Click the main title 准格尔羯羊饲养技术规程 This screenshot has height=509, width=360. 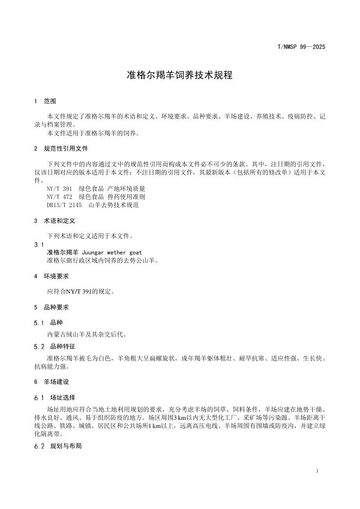tap(179, 76)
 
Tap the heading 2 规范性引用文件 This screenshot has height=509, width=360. tap(61, 148)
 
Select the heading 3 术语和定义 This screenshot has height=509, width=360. tap(54, 221)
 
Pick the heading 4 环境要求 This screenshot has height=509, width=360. tap(54, 276)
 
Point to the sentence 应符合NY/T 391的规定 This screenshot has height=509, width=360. tap(80, 291)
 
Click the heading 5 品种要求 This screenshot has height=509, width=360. tap(54, 307)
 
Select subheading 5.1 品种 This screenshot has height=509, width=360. tap(48, 322)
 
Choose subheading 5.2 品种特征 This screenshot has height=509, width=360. tap(54, 346)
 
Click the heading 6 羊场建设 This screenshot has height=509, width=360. tap(54, 382)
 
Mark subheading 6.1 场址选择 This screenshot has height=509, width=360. tap(54, 398)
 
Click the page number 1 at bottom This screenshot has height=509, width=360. tap(317, 471)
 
